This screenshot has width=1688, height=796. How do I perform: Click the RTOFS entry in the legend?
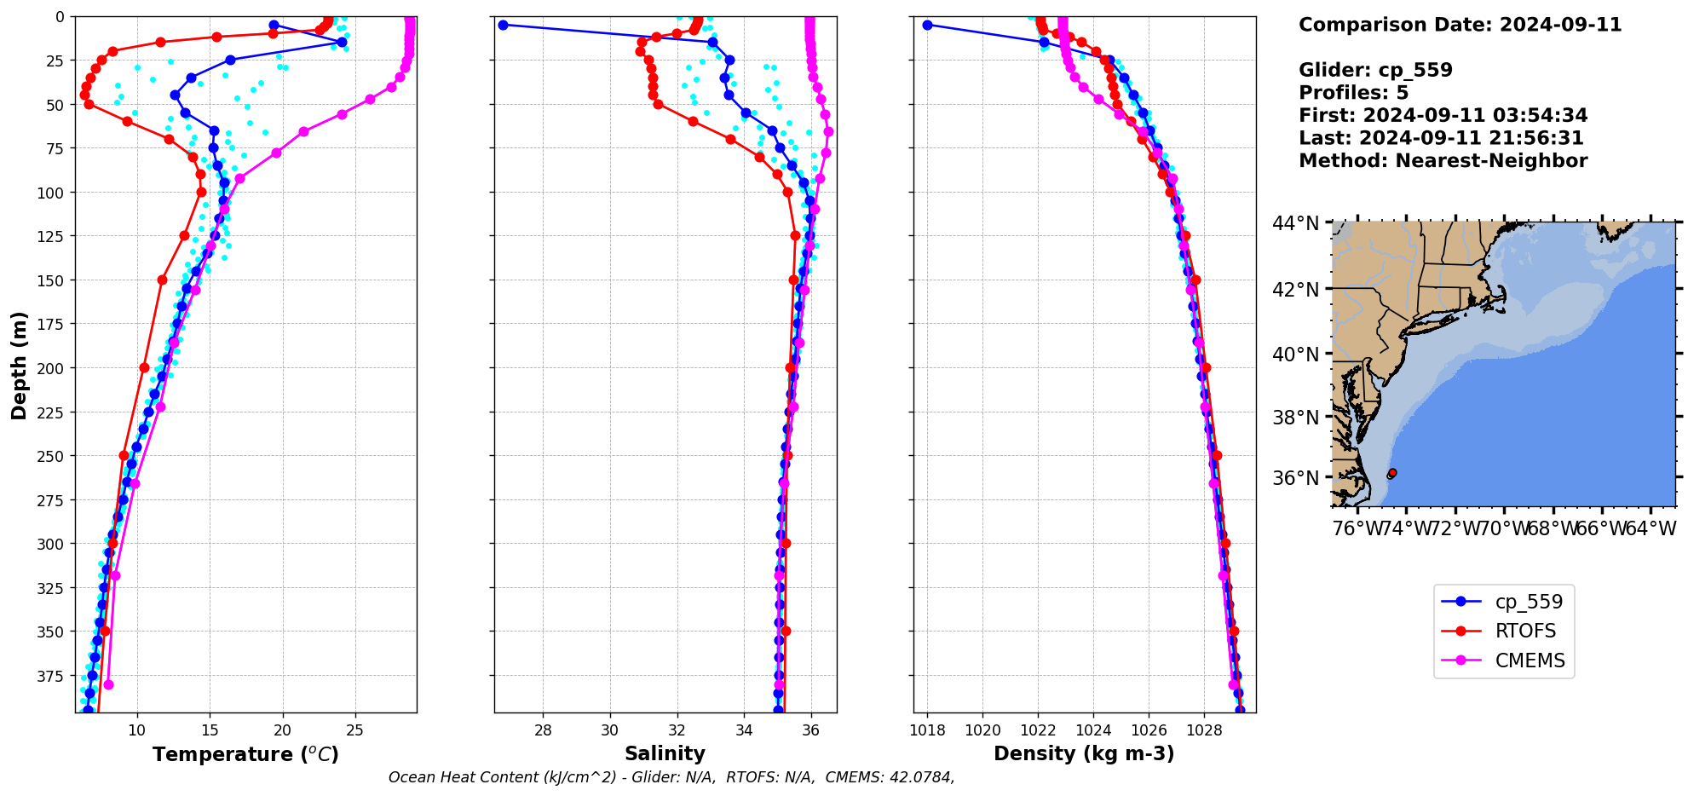[x=1525, y=631]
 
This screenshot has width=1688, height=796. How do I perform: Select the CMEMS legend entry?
[x=1530, y=660]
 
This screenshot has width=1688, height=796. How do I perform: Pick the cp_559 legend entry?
[x=1529, y=602]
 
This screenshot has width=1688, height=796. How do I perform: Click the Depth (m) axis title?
[x=19, y=365]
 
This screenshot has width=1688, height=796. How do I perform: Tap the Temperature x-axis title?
[x=245, y=754]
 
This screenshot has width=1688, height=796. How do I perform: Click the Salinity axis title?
[x=665, y=753]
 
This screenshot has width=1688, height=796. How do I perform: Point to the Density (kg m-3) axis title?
[x=1084, y=753]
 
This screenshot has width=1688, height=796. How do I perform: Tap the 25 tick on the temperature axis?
[x=355, y=730]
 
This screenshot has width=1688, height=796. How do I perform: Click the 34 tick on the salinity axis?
[x=744, y=730]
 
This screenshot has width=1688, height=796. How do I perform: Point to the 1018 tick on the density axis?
[x=927, y=730]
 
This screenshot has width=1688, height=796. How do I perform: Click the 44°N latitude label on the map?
[x=1295, y=223]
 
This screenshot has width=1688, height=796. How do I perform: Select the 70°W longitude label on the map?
[x=1503, y=529]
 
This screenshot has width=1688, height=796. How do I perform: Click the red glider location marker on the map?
[x=1391, y=472]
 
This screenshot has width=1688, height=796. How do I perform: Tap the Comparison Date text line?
[x=1460, y=25]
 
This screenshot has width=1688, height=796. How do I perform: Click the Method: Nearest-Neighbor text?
[x=1443, y=161]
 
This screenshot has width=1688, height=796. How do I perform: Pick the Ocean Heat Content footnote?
[x=671, y=777]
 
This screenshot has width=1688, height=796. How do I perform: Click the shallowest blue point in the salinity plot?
[x=503, y=25]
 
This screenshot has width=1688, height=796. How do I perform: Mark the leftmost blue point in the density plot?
[x=927, y=25]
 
